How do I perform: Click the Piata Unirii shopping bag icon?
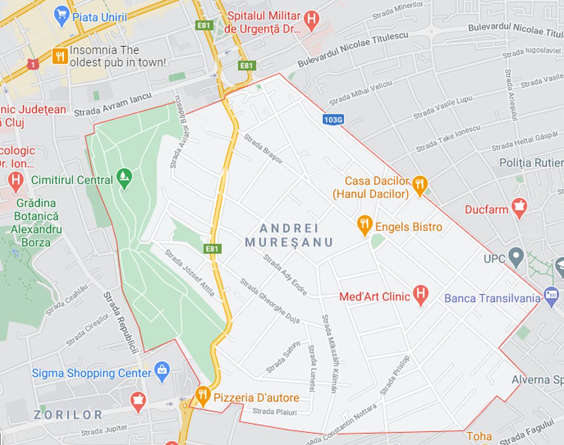tap(62, 16)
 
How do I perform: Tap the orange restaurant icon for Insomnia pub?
tap(60, 56)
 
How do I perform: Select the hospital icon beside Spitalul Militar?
tap(311, 20)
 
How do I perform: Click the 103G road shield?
tap(333, 119)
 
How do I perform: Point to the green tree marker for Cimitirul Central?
tap(124, 179)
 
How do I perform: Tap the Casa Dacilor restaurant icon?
tap(420, 186)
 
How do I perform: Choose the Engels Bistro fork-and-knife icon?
tap(365, 225)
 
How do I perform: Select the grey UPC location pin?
tap(516, 257)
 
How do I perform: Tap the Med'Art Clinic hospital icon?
tap(420, 295)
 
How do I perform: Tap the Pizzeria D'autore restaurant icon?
tap(202, 396)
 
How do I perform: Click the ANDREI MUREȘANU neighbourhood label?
tap(289, 235)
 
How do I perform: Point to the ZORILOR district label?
tap(68, 414)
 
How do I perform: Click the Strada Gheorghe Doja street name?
tap(270, 301)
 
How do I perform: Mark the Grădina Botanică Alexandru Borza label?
tap(36, 222)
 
